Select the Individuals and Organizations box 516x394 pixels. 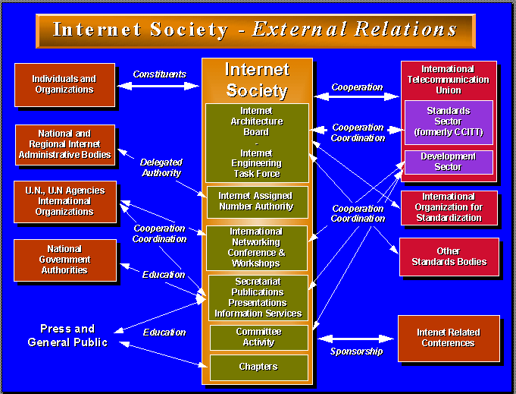(x=64, y=84)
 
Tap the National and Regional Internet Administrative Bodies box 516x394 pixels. (x=65, y=144)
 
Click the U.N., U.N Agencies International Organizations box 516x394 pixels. (x=65, y=201)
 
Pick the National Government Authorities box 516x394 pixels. (x=65, y=260)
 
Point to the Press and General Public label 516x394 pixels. (x=67, y=335)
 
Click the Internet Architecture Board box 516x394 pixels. (x=257, y=142)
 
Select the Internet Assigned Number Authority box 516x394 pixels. (x=257, y=201)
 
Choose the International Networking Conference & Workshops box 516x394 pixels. (x=257, y=247)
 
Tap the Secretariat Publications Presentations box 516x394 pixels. (x=258, y=298)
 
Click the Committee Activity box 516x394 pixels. (x=258, y=337)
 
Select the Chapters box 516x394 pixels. (x=258, y=367)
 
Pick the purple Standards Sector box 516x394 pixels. (x=449, y=121)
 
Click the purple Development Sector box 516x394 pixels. (x=449, y=162)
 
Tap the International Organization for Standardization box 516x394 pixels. (x=449, y=207)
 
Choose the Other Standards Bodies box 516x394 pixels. (x=449, y=257)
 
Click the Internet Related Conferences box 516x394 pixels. (x=449, y=338)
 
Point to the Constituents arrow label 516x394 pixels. (x=159, y=74)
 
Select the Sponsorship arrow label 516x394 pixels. (x=356, y=351)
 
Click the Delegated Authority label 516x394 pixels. (x=161, y=167)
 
